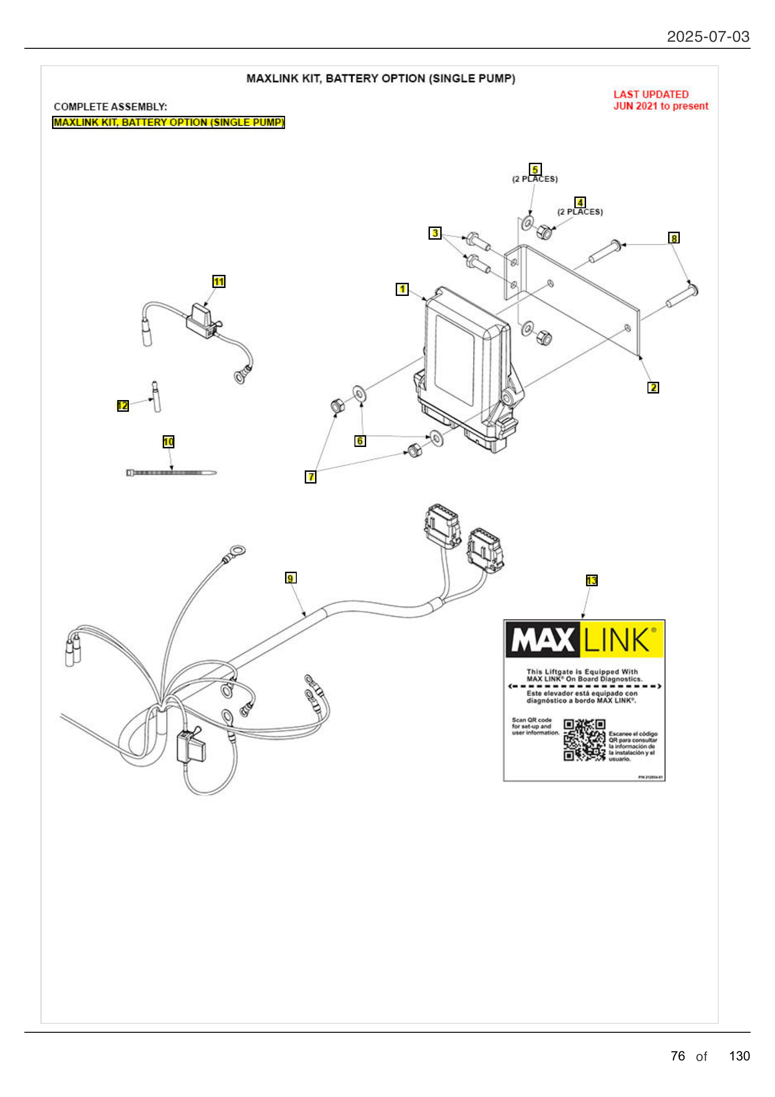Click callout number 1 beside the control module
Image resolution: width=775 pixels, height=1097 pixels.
click(402, 289)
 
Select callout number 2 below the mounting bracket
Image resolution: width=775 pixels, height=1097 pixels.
click(653, 387)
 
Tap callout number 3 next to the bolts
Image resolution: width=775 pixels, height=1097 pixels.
click(435, 233)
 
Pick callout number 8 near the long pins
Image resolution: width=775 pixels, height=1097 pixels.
click(673, 238)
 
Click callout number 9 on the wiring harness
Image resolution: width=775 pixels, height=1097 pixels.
click(290, 578)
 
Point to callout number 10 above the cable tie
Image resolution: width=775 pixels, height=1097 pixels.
click(169, 441)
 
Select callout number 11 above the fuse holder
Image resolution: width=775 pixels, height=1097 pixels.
click(218, 281)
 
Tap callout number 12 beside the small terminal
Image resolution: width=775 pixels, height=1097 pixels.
click(123, 406)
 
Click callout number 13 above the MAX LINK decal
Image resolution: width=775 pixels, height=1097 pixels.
click(591, 581)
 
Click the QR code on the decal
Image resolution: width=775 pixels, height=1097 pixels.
click(584, 740)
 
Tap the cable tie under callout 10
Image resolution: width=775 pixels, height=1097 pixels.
click(171, 473)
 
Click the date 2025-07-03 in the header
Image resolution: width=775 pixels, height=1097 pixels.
click(707, 37)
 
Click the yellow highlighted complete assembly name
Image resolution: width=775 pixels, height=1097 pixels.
click(168, 122)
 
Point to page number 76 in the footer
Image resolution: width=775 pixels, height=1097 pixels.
click(677, 1056)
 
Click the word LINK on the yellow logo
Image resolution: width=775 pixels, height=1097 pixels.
click(617, 640)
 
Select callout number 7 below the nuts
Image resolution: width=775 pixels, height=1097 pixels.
click(310, 477)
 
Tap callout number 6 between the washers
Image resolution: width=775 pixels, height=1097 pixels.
click(360, 441)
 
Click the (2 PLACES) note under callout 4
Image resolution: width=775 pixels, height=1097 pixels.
click(579, 212)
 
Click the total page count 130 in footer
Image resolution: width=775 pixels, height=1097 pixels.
click(739, 1056)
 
